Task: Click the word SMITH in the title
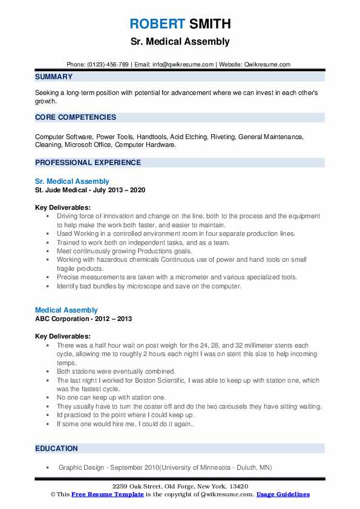(x=209, y=24)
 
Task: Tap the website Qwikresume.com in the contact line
(x=266, y=64)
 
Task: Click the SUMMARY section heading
(x=54, y=77)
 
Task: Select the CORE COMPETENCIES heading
(x=76, y=117)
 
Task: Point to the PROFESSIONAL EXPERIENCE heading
(x=88, y=163)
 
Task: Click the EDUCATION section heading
(x=56, y=449)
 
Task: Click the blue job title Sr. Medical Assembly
(x=72, y=181)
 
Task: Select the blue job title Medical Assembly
(x=66, y=310)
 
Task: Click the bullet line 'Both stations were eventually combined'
(x=116, y=371)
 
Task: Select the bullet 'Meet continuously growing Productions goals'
(x=124, y=251)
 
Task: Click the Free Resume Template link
(x=107, y=494)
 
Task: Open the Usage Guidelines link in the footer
(x=283, y=494)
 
